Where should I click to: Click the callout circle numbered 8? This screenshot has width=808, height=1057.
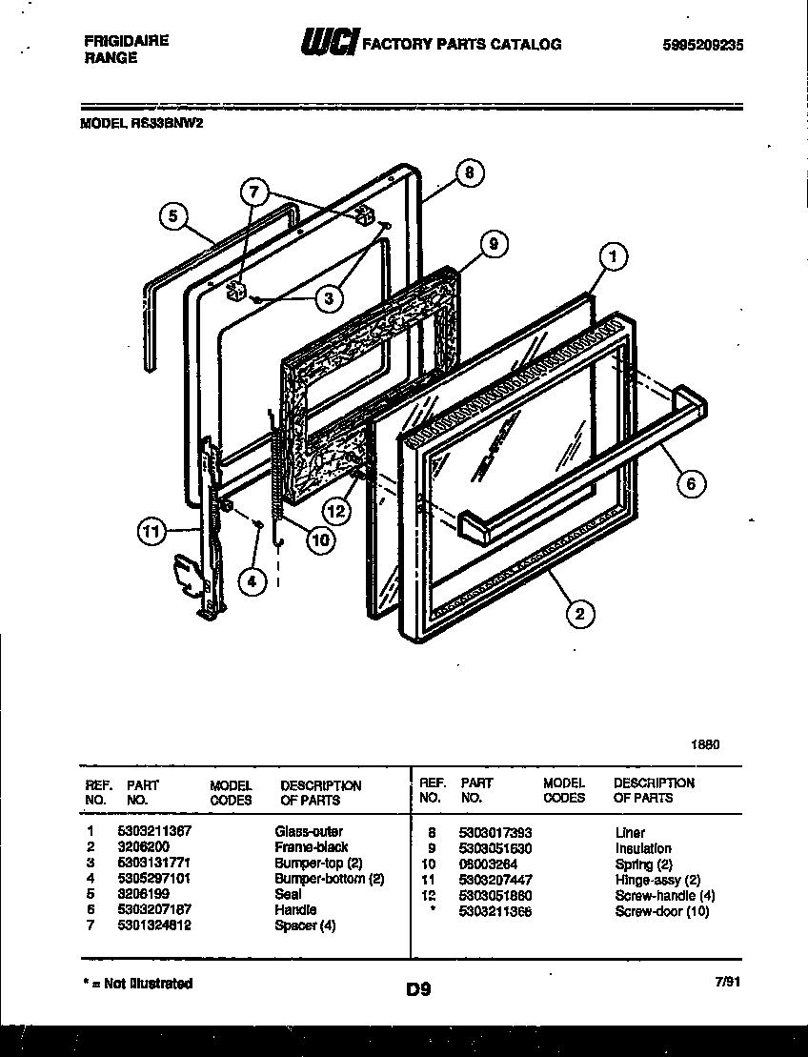[469, 173]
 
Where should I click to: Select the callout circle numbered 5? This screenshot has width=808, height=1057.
[172, 216]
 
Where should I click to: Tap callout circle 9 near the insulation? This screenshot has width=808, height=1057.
[493, 245]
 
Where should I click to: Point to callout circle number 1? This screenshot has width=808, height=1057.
[615, 255]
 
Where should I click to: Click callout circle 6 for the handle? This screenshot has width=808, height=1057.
[692, 483]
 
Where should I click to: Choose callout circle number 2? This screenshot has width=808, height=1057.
[578, 614]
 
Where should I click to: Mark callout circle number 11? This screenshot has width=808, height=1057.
[151, 532]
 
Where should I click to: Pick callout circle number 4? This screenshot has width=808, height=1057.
[252, 579]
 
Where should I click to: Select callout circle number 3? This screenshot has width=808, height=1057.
[328, 298]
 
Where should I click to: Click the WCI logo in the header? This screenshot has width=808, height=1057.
[329, 44]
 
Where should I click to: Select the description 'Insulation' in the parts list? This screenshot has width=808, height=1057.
[643, 848]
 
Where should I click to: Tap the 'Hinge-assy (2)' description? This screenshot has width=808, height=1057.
[657, 880]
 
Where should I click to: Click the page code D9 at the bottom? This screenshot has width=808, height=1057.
[417, 989]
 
